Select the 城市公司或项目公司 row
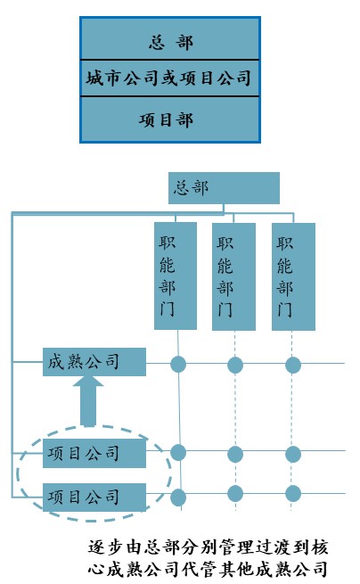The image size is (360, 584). pos(170,78)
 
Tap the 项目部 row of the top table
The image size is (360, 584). pos(170,119)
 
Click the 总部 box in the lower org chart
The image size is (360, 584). pos(224,188)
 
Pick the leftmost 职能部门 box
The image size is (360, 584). pos(176,276)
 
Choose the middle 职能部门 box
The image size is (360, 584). pos(233,276)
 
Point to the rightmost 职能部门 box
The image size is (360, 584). pos(293,276)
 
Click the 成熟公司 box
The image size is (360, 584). pos(94,362)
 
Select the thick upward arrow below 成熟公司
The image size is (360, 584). pos(88,401)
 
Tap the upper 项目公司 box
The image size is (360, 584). pos(94,453)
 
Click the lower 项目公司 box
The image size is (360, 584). pos(94,498)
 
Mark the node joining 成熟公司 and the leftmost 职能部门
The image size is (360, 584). pos(178,365)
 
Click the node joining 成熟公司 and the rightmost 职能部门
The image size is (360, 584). pos(293,365)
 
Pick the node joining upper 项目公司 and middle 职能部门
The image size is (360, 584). pos(235,454)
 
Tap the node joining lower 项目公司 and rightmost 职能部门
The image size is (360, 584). pos(293,493)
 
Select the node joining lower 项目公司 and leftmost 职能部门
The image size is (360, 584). pos(178,498)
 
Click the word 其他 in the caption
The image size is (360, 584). pos(235,569)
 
